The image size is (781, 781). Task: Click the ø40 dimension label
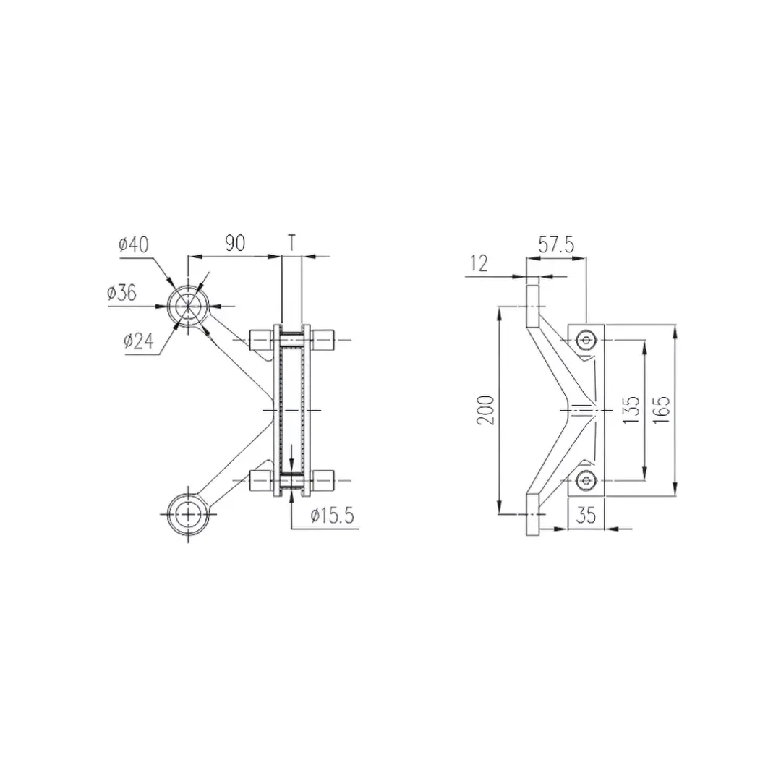134,245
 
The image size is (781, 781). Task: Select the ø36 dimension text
121,293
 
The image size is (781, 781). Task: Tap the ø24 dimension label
139,341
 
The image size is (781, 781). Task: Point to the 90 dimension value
234,243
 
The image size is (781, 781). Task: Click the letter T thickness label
291,243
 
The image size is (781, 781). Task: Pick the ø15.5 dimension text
332,516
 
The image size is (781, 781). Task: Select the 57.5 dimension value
557,245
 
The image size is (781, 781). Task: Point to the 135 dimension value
631,410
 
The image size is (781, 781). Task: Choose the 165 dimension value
662,410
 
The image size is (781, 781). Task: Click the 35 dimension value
586,516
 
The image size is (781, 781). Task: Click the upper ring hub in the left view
188,305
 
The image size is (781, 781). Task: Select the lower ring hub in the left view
188,513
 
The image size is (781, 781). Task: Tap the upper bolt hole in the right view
585,340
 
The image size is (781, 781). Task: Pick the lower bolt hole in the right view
585,479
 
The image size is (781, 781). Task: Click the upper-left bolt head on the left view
260,339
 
